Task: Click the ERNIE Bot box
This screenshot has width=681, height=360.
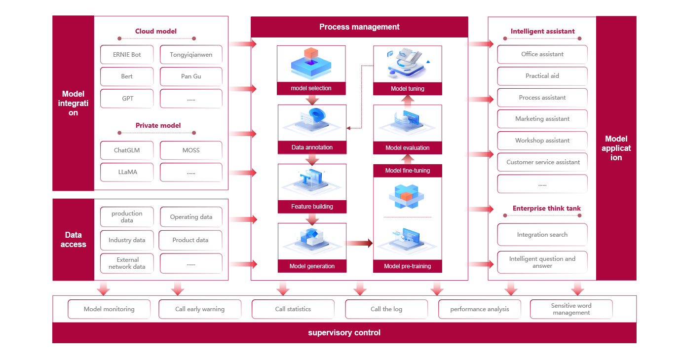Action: tap(127, 55)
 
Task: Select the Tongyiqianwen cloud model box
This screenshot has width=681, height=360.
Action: tap(191, 55)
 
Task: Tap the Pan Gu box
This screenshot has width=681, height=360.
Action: tap(191, 76)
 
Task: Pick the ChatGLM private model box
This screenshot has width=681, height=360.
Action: tap(127, 150)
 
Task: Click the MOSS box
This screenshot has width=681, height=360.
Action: tap(191, 150)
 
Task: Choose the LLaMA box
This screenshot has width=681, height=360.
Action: tap(127, 172)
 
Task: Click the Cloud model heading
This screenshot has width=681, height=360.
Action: tap(156, 31)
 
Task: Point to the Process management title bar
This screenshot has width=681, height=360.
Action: tap(359, 27)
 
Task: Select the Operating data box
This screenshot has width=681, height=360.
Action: tap(191, 217)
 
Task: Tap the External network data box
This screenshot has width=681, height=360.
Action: tap(127, 263)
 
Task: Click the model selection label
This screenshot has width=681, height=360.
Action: tap(311, 88)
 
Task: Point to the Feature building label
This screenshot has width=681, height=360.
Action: tap(312, 207)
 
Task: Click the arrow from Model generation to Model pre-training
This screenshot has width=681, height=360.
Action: tap(359, 243)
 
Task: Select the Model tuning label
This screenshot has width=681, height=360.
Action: tap(408, 89)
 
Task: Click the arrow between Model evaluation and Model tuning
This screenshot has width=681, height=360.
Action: tap(408, 100)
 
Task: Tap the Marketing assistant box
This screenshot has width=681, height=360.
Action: tap(542, 119)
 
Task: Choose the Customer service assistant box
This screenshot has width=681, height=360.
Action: tap(542, 162)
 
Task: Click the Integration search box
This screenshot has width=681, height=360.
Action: tap(542, 235)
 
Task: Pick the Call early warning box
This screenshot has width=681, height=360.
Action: tap(200, 309)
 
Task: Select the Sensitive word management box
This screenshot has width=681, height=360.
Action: tap(571, 309)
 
